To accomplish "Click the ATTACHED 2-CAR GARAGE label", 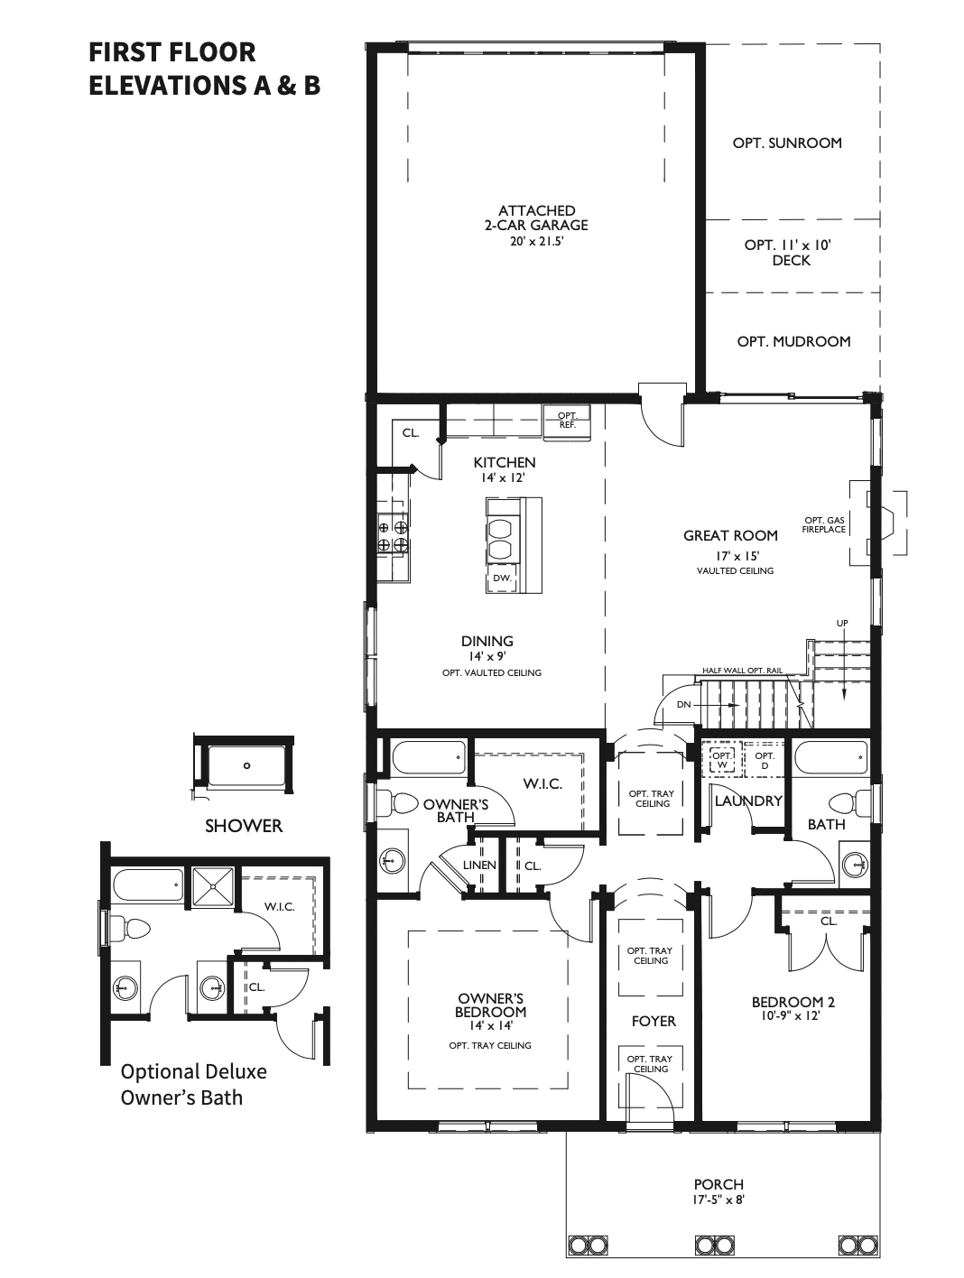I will tap(536, 218).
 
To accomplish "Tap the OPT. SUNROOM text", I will tap(786, 143).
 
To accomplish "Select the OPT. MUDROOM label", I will tap(793, 341).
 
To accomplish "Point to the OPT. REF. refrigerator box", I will tap(567, 420).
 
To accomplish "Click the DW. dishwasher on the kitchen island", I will tap(502, 578).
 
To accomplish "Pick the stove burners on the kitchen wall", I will tap(394, 536).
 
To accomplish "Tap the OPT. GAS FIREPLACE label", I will tap(824, 525).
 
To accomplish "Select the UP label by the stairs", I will tap(841, 624).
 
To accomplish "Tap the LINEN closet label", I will tap(479, 865).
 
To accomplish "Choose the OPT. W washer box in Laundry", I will tap(720, 760).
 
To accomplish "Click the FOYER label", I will tap(653, 1021).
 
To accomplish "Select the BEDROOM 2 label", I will tap(793, 1002).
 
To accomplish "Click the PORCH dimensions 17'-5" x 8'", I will tap(718, 1199).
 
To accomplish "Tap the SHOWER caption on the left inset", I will tap(243, 825).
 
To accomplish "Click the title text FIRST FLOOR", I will tap(171, 51).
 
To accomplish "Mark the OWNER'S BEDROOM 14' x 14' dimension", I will tap(490, 1025).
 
